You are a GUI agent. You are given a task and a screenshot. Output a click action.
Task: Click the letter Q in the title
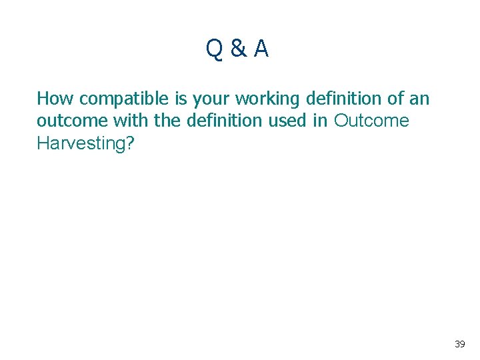click(215, 49)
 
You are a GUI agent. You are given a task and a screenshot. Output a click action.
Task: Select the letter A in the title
click(261, 49)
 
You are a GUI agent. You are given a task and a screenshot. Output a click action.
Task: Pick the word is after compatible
click(181, 99)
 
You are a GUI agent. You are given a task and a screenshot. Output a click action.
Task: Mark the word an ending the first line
click(419, 100)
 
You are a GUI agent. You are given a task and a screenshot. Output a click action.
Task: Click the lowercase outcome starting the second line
click(69, 121)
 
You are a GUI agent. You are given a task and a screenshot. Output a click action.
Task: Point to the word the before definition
click(157, 121)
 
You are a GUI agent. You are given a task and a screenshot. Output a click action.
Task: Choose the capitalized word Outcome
click(372, 121)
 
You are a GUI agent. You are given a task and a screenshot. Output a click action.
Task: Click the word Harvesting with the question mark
click(86, 143)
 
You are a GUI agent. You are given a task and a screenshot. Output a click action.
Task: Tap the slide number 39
click(459, 344)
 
